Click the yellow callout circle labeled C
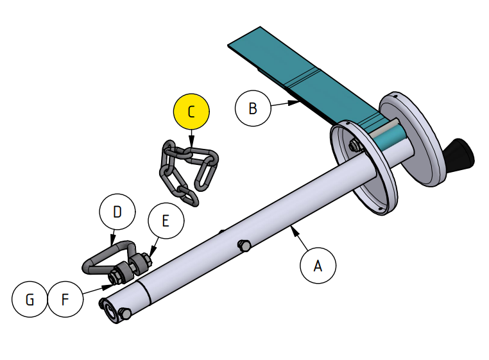point(191,112)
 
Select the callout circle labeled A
point(318,265)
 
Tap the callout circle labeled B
point(253,108)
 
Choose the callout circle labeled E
point(166,221)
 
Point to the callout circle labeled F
point(65,299)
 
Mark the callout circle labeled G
point(30,299)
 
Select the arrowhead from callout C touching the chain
point(191,148)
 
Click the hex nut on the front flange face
point(354,146)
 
